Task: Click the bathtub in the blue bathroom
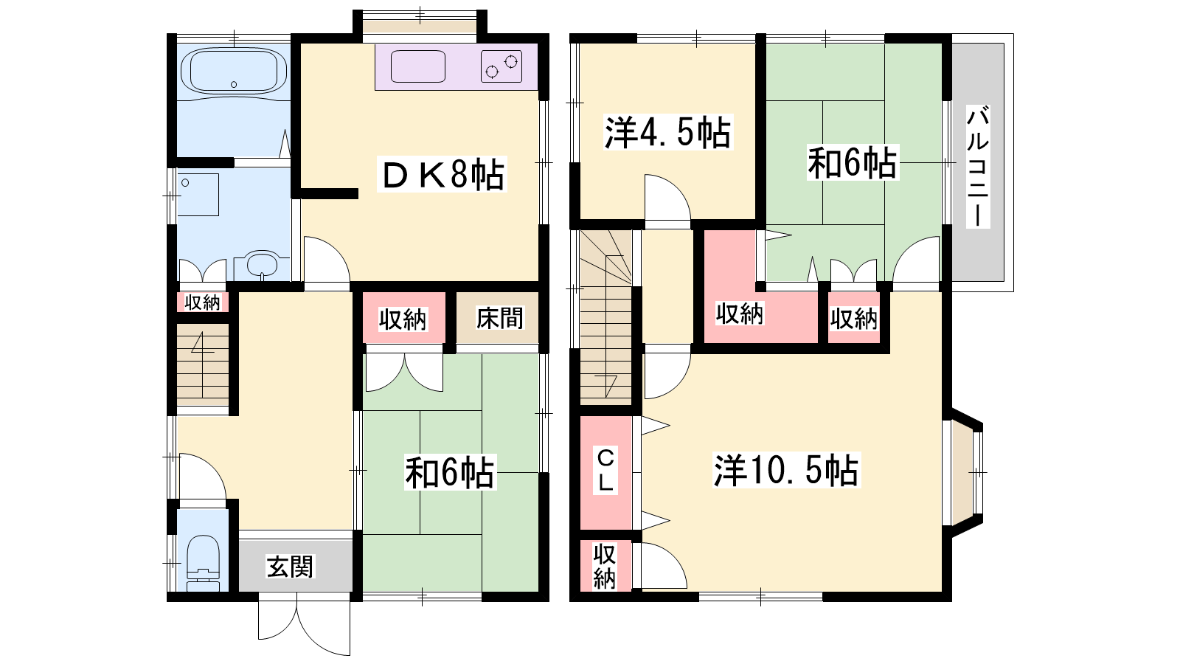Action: click(234, 73)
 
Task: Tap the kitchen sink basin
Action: click(417, 66)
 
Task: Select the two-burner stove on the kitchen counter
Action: click(502, 66)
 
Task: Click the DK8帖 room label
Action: click(442, 174)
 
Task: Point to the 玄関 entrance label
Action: click(291, 567)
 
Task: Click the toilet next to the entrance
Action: click(204, 564)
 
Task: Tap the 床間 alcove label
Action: click(500, 318)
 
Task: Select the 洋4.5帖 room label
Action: click(667, 132)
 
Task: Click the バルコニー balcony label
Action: click(978, 166)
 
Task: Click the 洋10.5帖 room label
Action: click(786, 469)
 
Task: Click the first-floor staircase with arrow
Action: click(203, 364)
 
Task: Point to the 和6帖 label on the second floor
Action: click(853, 163)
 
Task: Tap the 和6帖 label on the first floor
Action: click(450, 472)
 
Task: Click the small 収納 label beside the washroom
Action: click(202, 302)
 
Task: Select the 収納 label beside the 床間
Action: click(403, 319)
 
